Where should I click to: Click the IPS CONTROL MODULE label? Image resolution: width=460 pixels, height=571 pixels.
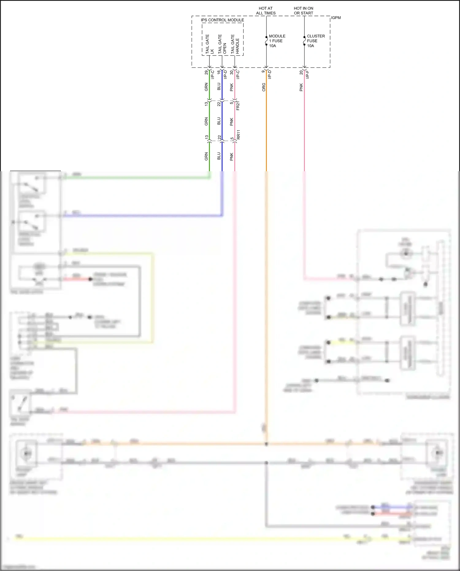click(x=222, y=20)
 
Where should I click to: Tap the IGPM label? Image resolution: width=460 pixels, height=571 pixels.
click(x=336, y=18)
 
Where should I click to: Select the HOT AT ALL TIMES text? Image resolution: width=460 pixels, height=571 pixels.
click(x=266, y=11)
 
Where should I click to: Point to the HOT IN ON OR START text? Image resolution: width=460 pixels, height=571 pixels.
click(x=304, y=11)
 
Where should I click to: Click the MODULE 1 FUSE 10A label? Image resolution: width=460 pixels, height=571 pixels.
click(x=277, y=41)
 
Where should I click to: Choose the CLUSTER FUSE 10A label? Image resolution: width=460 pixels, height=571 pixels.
click(x=316, y=41)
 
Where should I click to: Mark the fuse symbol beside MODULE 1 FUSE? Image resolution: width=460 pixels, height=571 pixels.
click(x=266, y=41)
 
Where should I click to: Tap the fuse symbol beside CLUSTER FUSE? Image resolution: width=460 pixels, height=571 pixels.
click(x=304, y=41)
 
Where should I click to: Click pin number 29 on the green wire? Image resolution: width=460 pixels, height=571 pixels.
click(x=206, y=72)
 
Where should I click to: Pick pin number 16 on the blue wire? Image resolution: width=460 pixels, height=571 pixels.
click(x=219, y=72)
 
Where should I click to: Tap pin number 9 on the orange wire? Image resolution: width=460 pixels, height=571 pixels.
click(x=263, y=71)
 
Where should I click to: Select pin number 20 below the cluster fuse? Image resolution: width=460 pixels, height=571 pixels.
click(x=301, y=72)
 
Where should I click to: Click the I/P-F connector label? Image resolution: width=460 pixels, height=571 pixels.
click(x=308, y=75)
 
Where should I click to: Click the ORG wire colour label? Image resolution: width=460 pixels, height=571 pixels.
click(x=264, y=87)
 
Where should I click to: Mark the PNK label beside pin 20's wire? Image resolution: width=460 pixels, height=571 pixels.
click(x=301, y=87)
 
